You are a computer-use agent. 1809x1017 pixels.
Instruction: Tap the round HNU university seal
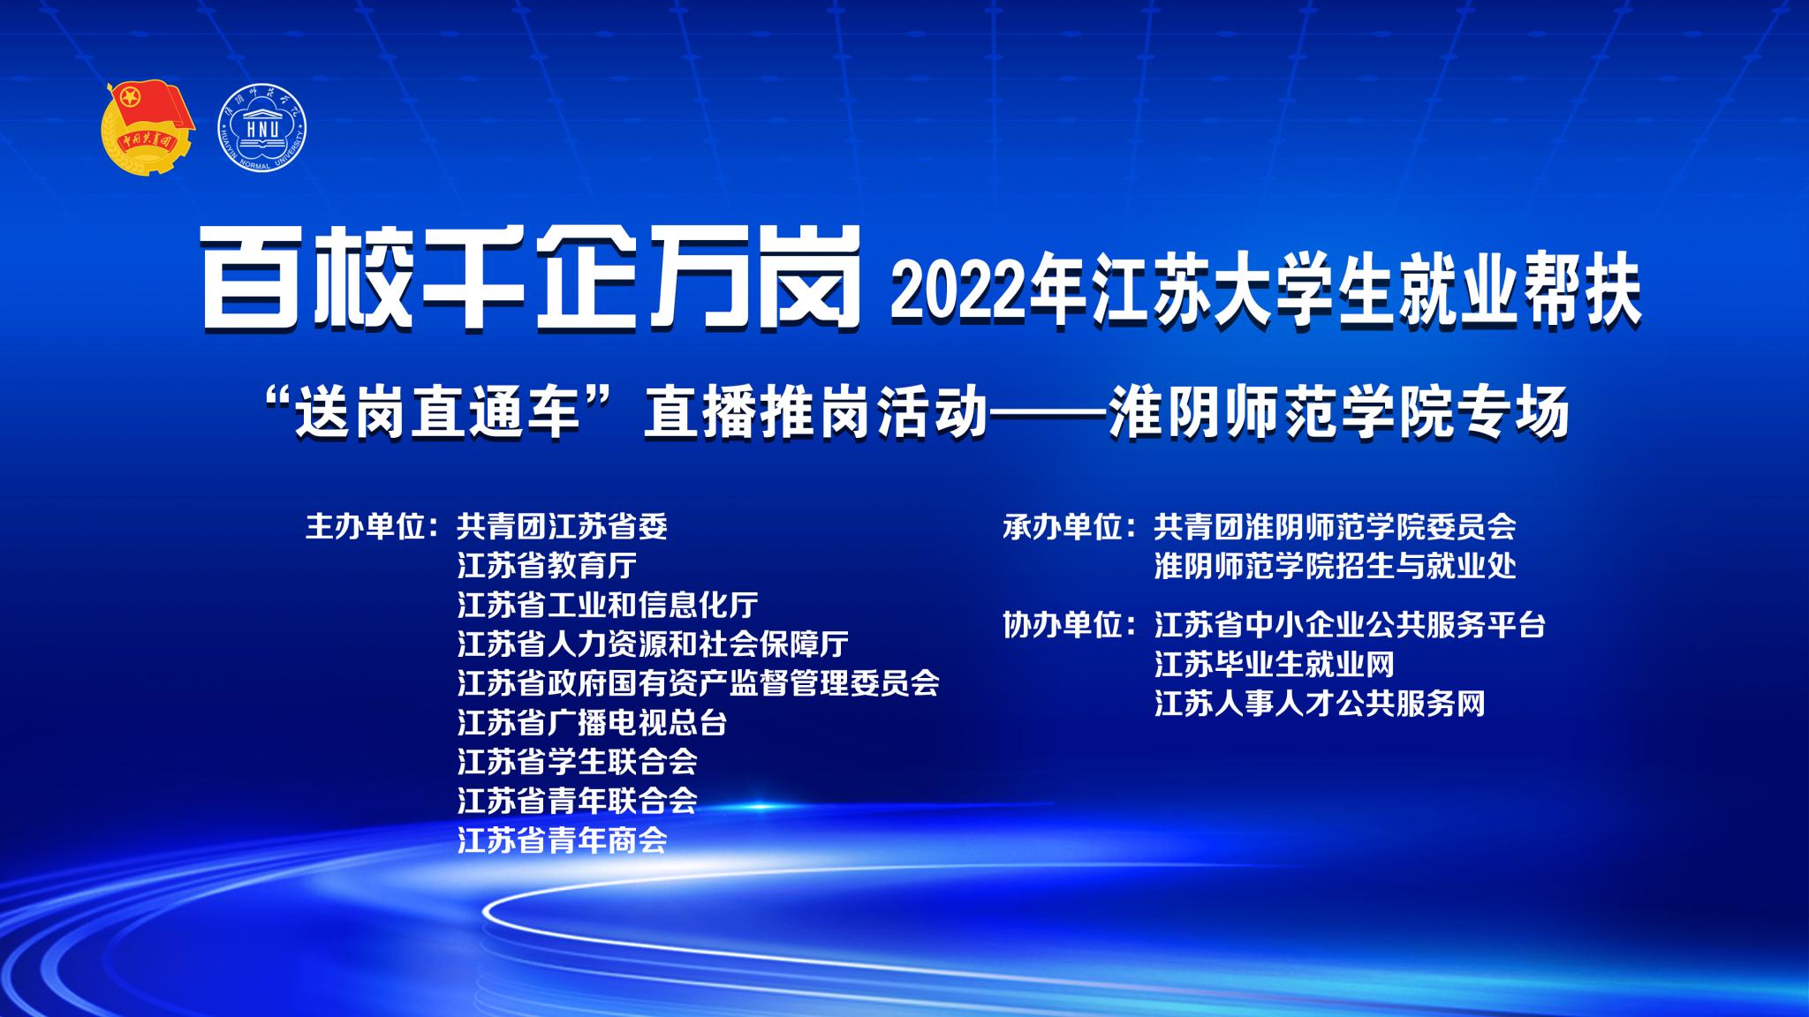click(x=262, y=129)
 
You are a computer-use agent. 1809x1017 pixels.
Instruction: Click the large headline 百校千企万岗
click(x=532, y=276)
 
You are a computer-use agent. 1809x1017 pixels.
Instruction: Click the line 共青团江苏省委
click(x=563, y=527)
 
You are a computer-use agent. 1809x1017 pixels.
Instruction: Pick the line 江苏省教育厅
click(x=548, y=566)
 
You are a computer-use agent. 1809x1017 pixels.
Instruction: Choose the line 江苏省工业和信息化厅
click(x=608, y=605)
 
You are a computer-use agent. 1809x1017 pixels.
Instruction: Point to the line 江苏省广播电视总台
click(x=593, y=723)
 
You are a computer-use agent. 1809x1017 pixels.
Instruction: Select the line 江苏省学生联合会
click(x=578, y=762)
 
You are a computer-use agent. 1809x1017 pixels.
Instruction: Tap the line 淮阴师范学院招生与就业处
click(x=1336, y=566)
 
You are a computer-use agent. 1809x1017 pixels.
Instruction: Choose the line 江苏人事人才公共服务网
click(x=1320, y=704)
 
